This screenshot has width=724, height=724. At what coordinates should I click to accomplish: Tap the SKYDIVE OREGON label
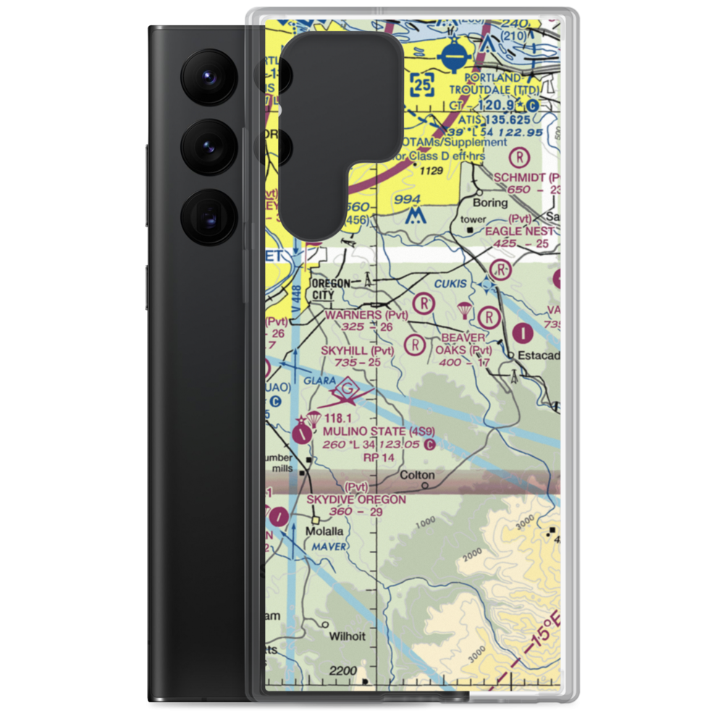tap(355, 500)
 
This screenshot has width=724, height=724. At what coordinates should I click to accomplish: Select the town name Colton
tap(418, 476)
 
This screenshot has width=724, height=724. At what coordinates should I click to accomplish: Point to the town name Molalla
tap(323, 531)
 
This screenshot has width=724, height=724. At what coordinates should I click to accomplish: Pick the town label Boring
tap(490, 203)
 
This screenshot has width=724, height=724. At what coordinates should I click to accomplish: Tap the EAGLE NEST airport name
tap(520, 231)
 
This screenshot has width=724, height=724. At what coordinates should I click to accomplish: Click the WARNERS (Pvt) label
tap(366, 315)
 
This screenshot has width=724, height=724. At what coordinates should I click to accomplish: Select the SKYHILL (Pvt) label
tap(358, 350)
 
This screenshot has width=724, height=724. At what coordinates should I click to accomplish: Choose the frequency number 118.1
tap(337, 418)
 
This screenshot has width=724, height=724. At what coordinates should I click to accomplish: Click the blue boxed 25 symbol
tap(424, 85)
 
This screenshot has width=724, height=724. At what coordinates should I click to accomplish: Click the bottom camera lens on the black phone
tap(209, 216)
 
